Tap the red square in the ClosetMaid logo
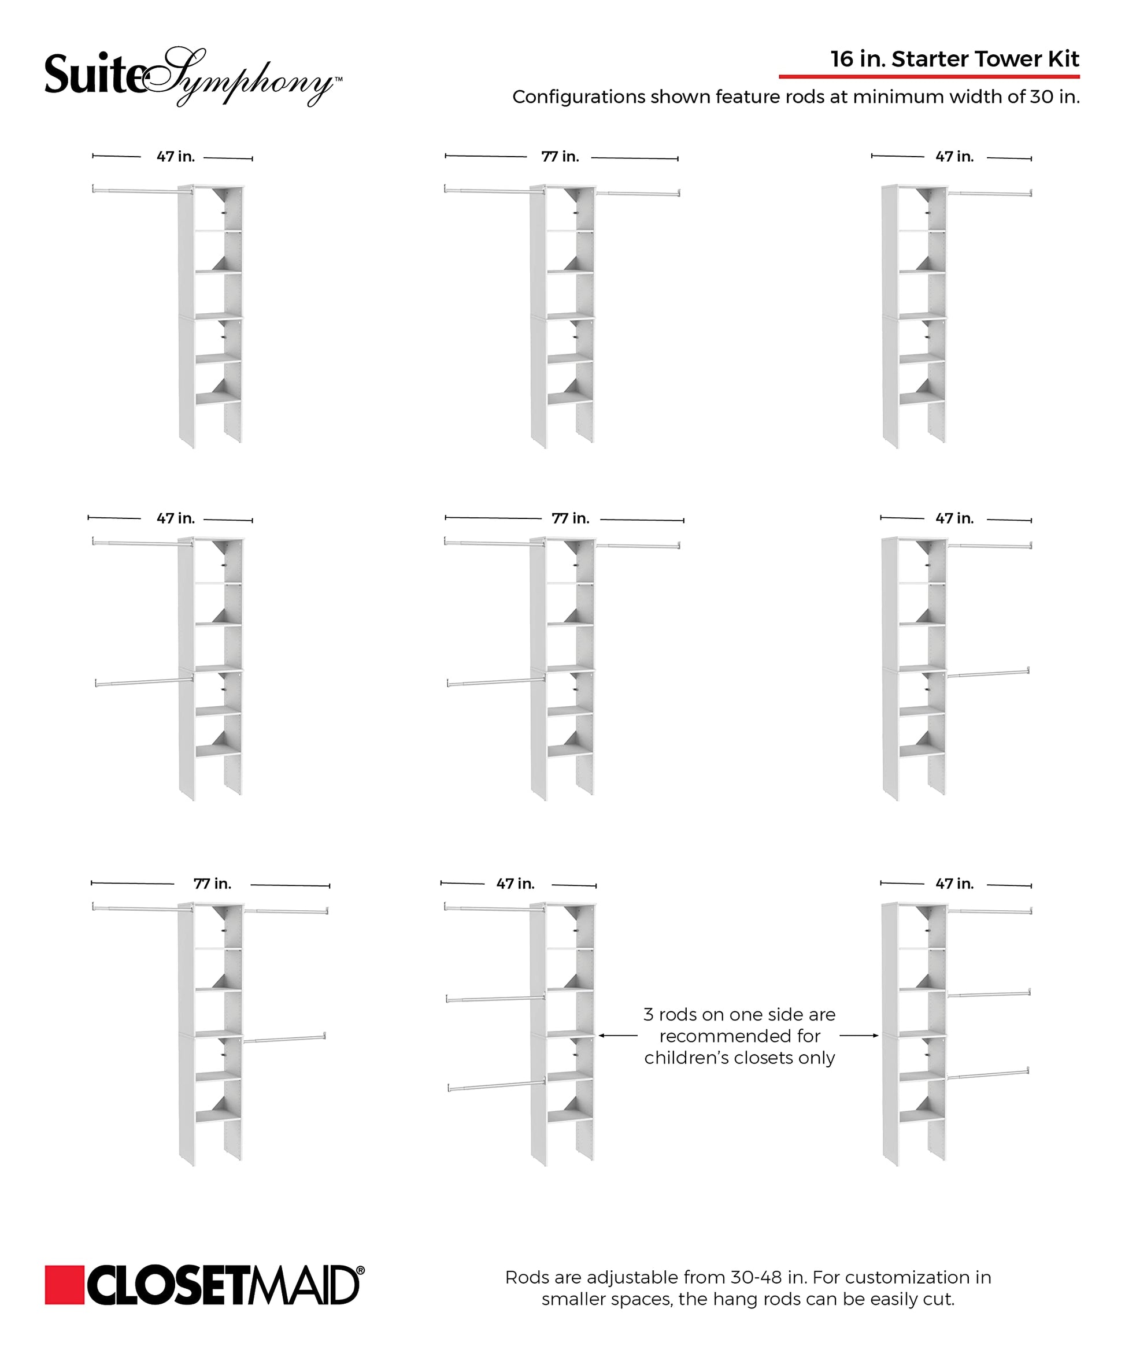click(64, 1285)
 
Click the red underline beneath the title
click(929, 76)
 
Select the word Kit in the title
click(1063, 59)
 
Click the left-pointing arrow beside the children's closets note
click(617, 1036)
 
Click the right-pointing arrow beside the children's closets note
click(859, 1036)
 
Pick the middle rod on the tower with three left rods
click(495, 999)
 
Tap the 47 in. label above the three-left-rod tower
click(515, 884)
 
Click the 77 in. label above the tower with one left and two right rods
click(212, 884)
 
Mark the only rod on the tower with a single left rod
click(142, 190)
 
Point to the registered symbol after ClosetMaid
click(360, 1270)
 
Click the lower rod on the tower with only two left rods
click(144, 681)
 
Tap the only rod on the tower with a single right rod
click(990, 192)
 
